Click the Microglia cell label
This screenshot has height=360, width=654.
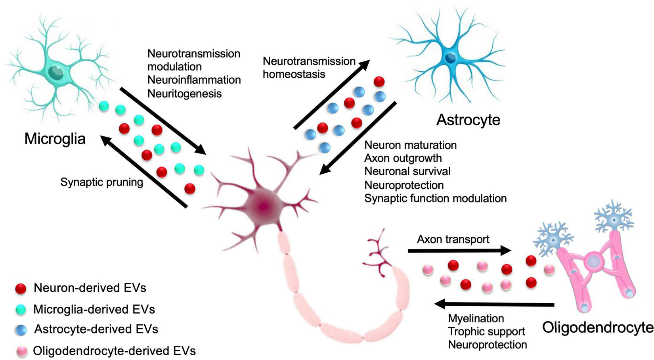click(55, 139)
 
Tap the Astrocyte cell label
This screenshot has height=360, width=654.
click(468, 119)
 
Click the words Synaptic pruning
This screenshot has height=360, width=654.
click(101, 182)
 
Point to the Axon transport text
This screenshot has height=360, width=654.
click(453, 239)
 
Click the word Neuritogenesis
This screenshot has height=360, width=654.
click(184, 94)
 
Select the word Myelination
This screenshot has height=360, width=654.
click(476, 318)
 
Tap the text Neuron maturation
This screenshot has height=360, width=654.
click(410, 145)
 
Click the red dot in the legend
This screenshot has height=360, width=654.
click(20, 288)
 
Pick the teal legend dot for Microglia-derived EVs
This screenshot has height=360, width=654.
click(20, 309)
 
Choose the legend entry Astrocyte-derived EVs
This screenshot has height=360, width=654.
click(96, 329)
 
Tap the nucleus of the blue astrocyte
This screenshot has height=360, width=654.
click(451, 58)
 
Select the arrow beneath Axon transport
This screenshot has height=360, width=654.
click(460, 251)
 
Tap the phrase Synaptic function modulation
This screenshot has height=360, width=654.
click(435, 198)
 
